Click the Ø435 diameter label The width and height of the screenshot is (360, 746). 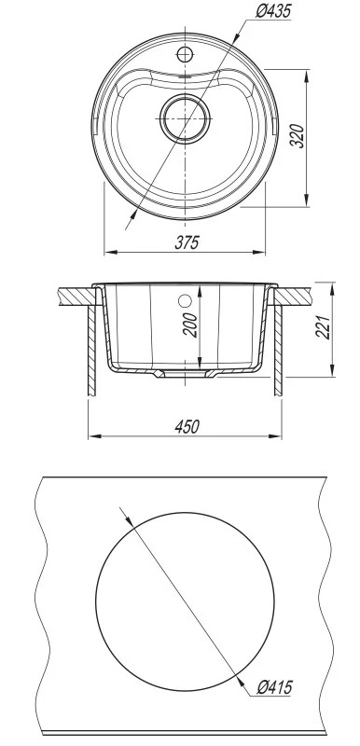pyautogui.click(x=273, y=11)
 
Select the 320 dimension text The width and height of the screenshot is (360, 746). pyautogui.click(x=298, y=136)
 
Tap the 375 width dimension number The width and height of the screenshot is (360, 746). pyautogui.click(x=187, y=242)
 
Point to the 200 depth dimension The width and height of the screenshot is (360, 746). pyautogui.click(x=190, y=325)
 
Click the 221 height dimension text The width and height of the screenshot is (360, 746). pyautogui.click(x=324, y=326)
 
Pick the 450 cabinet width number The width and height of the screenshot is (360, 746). pyautogui.click(x=187, y=427)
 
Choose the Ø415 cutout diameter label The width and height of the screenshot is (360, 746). pyautogui.click(x=274, y=687)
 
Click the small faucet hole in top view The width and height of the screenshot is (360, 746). pyautogui.click(x=185, y=54)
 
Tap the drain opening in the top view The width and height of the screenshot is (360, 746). pyautogui.click(x=185, y=118)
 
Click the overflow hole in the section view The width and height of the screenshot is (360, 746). pyautogui.click(x=185, y=300)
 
